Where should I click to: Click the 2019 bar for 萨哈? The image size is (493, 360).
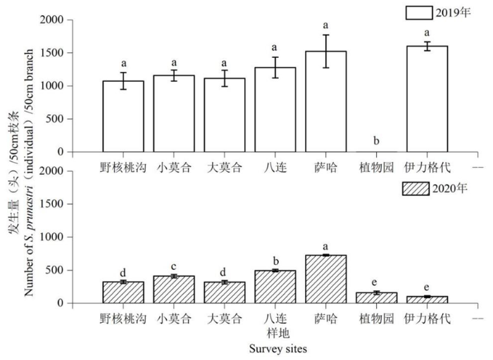pos(326,101)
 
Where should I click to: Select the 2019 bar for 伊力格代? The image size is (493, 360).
pos(427,99)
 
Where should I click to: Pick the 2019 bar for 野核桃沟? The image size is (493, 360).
pos(123,116)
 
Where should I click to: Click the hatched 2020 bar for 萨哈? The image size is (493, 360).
pos(326,279)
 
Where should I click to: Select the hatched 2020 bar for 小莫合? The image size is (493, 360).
pos(174,290)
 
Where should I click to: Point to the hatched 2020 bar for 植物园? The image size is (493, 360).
pos(376,298)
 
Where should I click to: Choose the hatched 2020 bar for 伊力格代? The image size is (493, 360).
pos(427,300)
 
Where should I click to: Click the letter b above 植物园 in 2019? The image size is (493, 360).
pos(376,141)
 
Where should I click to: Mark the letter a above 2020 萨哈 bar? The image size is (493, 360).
pos(326,246)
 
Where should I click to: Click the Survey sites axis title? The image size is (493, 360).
pos(275,347)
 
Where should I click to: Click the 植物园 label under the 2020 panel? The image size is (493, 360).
pos(376,318)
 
